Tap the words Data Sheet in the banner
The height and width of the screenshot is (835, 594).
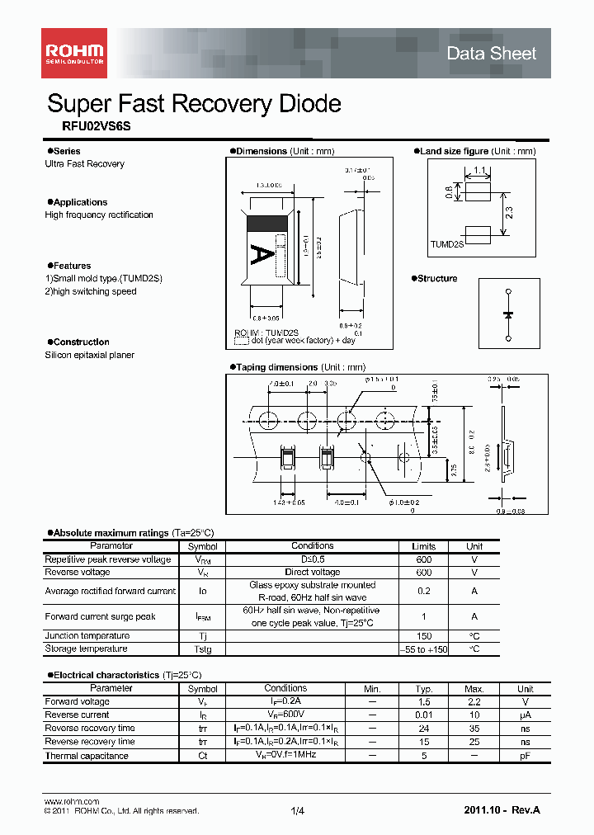tap(491, 54)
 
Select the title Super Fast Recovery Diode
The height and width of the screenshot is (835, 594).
tap(194, 104)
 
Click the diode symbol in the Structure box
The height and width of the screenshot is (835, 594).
tap(508, 314)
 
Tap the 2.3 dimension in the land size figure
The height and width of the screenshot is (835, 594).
tap(509, 212)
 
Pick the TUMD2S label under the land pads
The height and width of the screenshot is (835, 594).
tap(446, 245)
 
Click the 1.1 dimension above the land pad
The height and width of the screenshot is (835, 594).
tap(479, 172)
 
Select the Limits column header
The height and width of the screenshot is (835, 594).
tap(423, 546)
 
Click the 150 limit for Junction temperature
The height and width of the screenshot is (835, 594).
tap(423, 636)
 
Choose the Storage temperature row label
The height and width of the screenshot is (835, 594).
tap(86, 649)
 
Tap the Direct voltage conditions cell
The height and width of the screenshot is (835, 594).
tap(312, 572)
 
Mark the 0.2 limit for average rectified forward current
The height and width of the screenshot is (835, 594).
tap(423, 591)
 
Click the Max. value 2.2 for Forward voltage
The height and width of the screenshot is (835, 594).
tap(474, 702)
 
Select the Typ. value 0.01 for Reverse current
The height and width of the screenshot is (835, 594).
tap(423, 715)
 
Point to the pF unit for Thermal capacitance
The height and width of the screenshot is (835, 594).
tap(525, 756)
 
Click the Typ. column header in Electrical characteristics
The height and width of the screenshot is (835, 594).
tap(423, 689)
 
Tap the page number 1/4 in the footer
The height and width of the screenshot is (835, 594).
tap(297, 812)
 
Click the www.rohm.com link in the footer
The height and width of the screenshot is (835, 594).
tap(71, 802)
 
